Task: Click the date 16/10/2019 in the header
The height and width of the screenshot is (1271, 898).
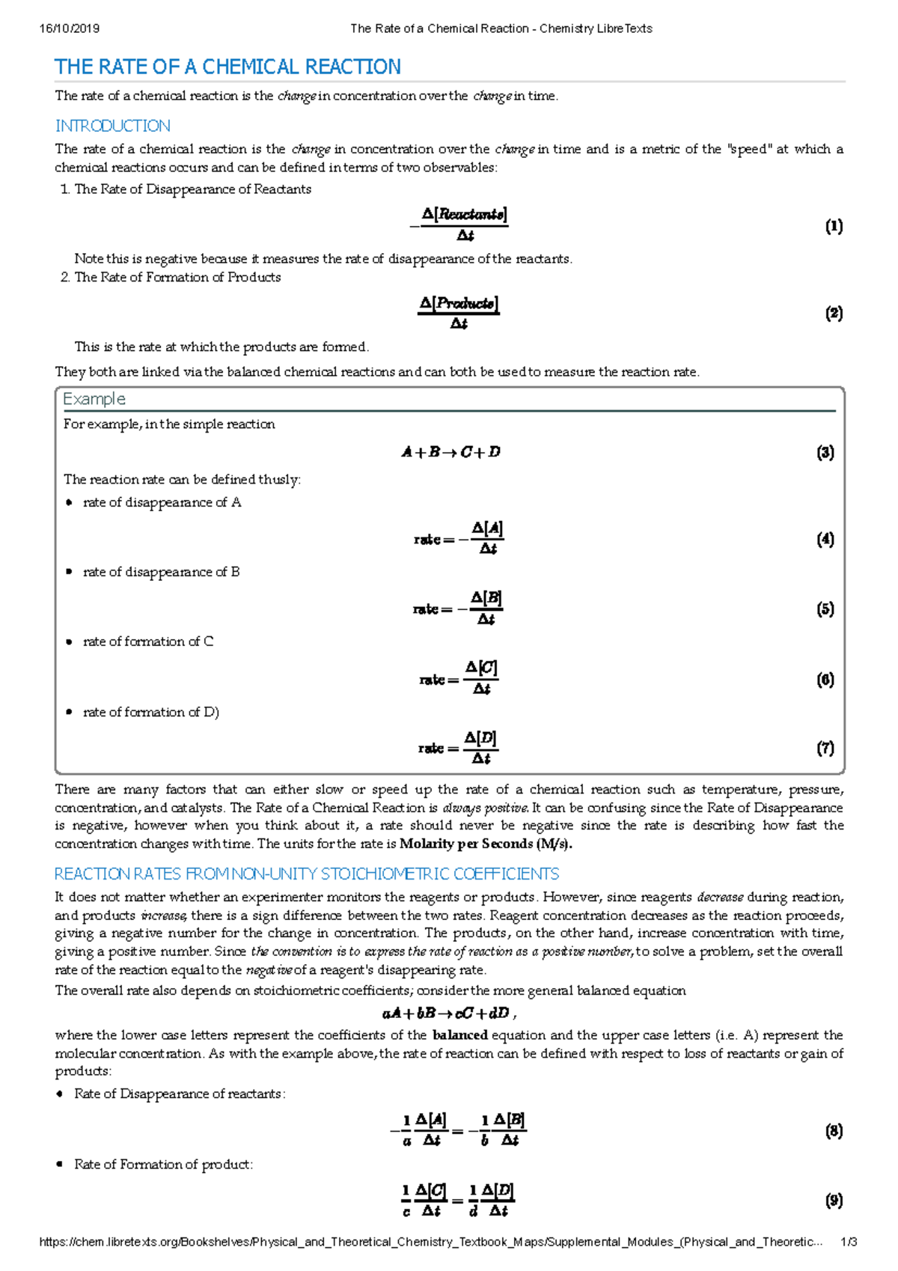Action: pyautogui.click(x=69, y=28)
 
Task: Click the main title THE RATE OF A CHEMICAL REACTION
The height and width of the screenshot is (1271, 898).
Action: pyautogui.click(x=227, y=67)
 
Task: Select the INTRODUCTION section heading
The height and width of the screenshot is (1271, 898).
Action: pyautogui.click(x=113, y=126)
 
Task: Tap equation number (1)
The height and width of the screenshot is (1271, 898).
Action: pyautogui.click(x=834, y=226)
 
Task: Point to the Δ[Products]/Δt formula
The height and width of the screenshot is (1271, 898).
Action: pyautogui.click(x=459, y=312)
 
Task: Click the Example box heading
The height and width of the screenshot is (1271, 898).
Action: pyautogui.click(x=94, y=399)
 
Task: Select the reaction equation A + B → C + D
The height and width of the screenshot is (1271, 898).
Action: pyautogui.click(x=450, y=452)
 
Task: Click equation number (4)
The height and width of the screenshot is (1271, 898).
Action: pyautogui.click(x=825, y=539)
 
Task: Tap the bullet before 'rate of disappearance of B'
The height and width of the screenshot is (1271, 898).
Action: pyautogui.click(x=69, y=572)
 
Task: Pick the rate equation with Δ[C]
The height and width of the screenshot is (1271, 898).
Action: pyautogui.click(x=459, y=678)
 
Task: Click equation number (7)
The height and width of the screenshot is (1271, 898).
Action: pyautogui.click(x=825, y=748)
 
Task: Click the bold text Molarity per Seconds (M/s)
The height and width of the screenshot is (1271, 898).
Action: pyautogui.click(x=486, y=844)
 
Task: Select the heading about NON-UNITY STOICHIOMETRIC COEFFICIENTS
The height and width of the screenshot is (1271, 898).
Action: pyautogui.click(x=307, y=874)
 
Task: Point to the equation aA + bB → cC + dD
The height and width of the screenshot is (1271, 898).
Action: pyautogui.click(x=448, y=1014)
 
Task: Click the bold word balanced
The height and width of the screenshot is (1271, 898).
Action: pyautogui.click(x=460, y=1035)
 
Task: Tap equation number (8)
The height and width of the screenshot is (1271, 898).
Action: pyautogui.click(x=834, y=1130)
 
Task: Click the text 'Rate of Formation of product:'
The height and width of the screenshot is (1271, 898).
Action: pyautogui.click(x=163, y=1165)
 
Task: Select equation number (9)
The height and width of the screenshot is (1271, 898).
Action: pyautogui.click(x=834, y=1201)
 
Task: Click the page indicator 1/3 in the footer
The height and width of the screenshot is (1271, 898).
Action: pyautogui.click(x=849, y=1242)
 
